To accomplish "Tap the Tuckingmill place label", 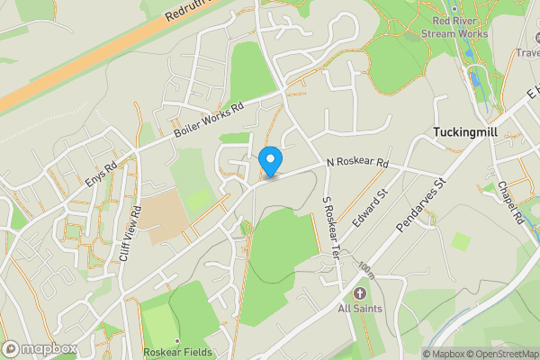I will pos(464,131).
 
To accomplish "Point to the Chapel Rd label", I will pos(510,204).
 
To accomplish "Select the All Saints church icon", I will pos(361,293).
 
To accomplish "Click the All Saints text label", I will pos(361,309).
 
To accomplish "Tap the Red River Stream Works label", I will pos(460,27).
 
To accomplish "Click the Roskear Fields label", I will pos(178,352).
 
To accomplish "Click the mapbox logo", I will pos(40,348).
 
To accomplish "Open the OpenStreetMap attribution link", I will pos(500,353).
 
